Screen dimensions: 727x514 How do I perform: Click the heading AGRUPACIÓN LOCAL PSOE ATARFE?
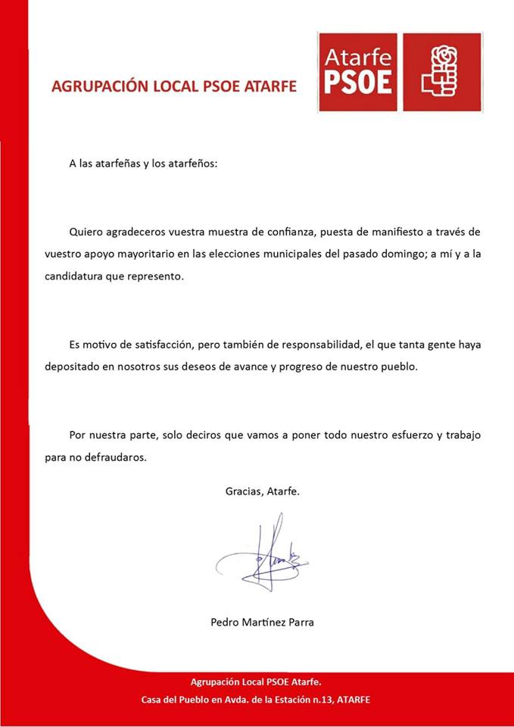(x=173, y=86)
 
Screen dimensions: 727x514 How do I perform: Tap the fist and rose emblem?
(x=442, y=72)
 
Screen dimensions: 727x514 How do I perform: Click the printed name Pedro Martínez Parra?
(x=262, y=622)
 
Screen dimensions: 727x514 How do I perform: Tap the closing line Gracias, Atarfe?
(x=263, y=491)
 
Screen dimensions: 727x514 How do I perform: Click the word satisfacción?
(x=153, y=345)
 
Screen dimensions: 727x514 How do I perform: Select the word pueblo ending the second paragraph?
(x=394, y=367)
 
